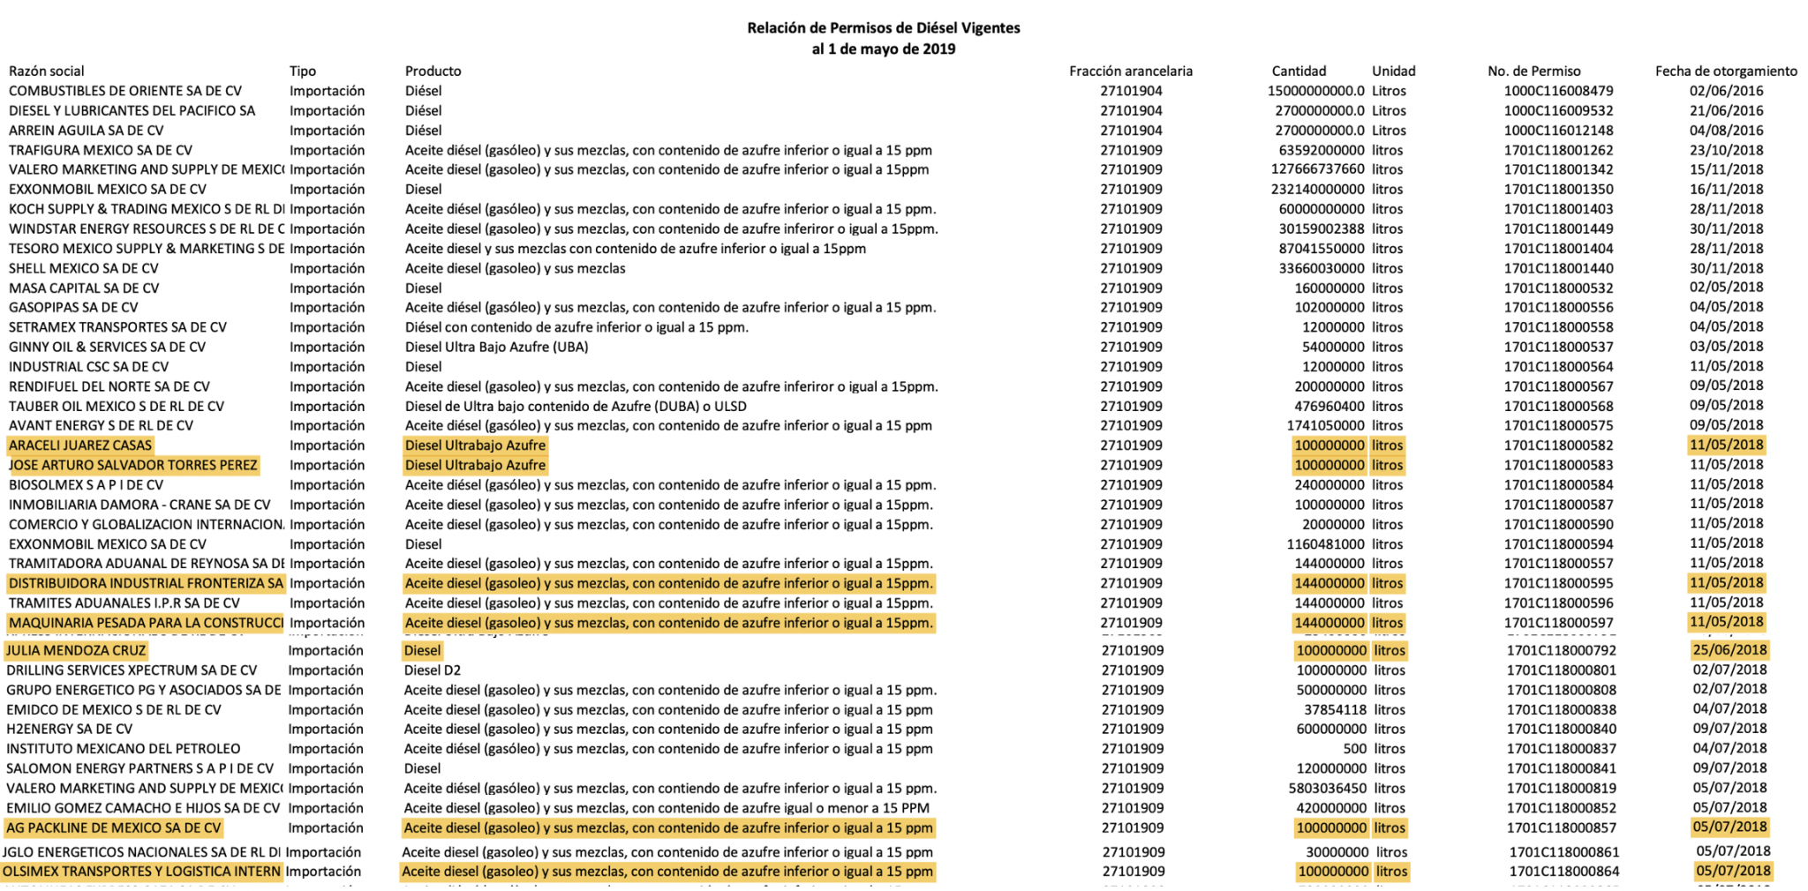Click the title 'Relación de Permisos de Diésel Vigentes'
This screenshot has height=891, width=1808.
point(883,28)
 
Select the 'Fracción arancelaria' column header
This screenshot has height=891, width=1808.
point(1130,71)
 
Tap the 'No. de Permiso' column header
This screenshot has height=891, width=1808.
point(1533,71)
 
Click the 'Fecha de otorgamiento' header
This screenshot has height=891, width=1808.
point(1725,71)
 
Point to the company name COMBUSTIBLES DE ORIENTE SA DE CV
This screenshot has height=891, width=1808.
point(125,91)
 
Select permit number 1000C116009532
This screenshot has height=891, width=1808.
point(1558,111)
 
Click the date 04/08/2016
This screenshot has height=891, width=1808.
point(1726,131)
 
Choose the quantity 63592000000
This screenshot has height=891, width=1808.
point(1321,151)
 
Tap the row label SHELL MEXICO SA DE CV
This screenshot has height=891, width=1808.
point(84,269)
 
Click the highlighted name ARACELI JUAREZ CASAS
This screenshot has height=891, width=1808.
point(80,445)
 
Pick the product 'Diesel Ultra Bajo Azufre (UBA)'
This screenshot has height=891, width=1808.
point(496,348)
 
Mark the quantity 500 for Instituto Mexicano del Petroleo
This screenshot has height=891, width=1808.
point(1354,749)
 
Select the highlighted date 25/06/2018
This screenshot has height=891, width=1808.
point(1729,650)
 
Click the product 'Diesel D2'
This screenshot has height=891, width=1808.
point(433,670)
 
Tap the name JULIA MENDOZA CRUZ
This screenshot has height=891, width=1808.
point(76,651)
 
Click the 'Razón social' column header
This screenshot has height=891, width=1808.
point(47,71)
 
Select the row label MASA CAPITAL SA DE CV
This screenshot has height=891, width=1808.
point(84,288)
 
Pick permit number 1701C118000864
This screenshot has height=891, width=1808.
point(1563,872)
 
